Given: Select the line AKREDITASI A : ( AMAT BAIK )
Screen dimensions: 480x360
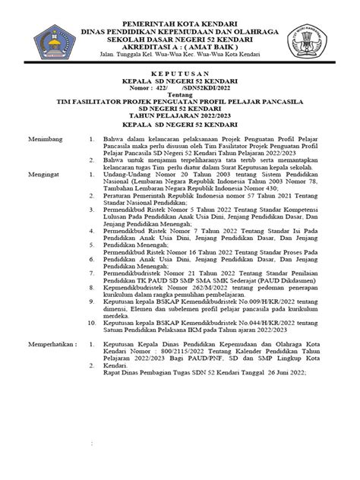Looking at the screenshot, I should pos(179,45).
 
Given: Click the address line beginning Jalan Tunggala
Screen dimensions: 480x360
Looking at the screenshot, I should pos(179,55).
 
